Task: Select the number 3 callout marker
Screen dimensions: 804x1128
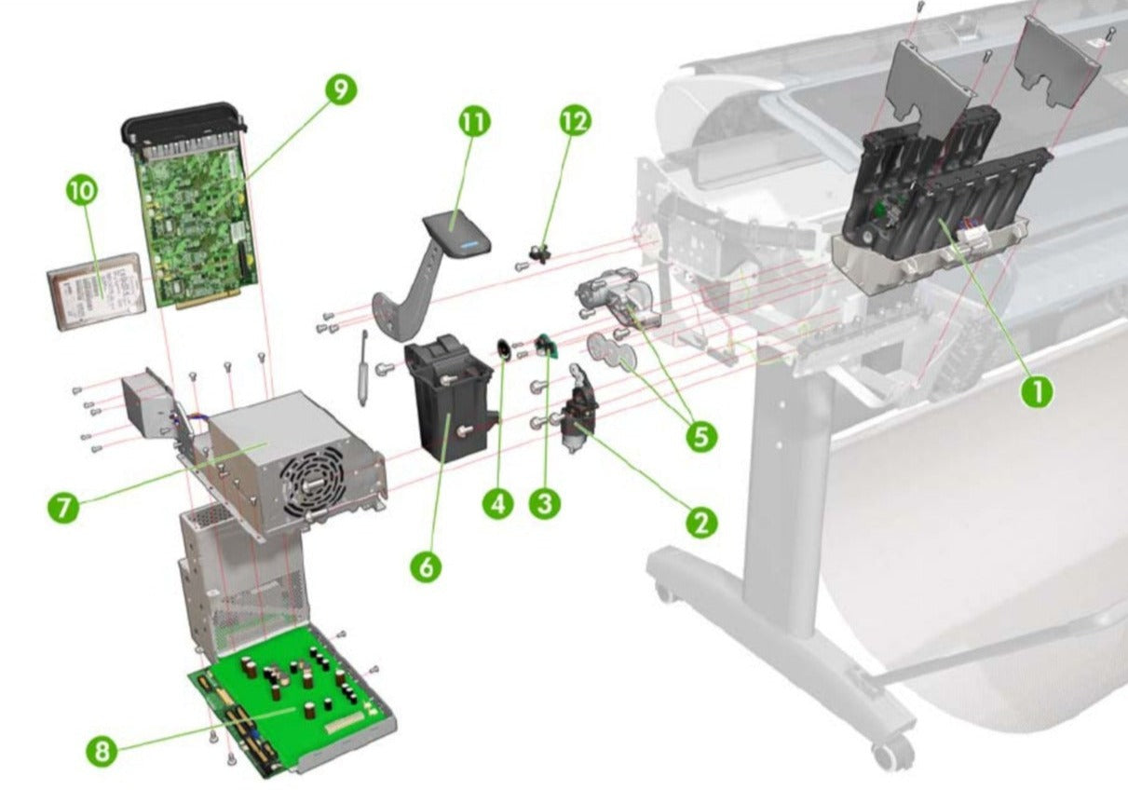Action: click(545, 504)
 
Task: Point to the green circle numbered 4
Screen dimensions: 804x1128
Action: click(498, 504)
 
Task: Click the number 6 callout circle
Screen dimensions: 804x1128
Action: click(425, 566)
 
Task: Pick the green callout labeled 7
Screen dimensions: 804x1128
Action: click(62, 508)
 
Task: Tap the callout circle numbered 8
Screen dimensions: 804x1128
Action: click(102, 751)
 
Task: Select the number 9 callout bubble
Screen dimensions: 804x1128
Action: click(341, 89)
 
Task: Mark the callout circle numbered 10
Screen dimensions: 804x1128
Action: click(81, 190)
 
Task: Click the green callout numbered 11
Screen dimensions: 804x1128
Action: click(474, 121)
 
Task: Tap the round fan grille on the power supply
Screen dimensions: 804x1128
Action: click(312, 479)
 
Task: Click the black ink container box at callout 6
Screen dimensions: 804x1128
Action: click(447, 401)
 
